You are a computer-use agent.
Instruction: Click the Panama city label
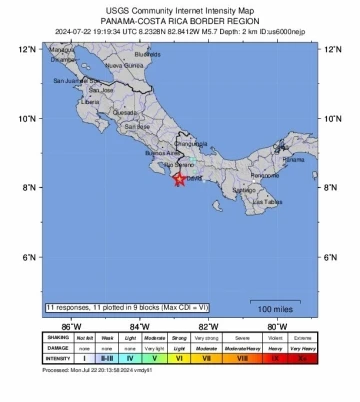click(266, 159)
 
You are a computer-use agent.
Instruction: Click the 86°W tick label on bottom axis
click(71, 326)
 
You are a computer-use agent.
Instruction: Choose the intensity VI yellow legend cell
click(180, 356)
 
